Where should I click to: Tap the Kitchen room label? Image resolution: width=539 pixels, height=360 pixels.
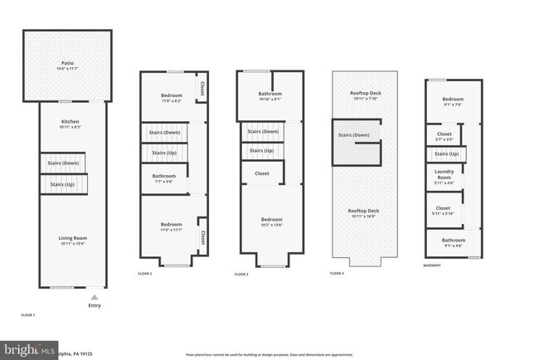pos(70,124)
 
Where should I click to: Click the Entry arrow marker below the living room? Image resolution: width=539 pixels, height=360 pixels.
pos(95,296)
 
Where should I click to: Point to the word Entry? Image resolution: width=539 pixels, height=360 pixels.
pos(95,305)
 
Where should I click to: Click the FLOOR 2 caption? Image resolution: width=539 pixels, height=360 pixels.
pos(145,274)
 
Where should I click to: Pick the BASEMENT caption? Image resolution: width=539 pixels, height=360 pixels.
pos(432,265)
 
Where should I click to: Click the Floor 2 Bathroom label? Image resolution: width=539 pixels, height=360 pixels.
pos(163,178)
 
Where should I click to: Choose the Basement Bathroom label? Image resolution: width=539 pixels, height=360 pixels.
pos(454,242)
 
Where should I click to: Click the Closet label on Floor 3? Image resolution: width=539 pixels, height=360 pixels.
pos(262,173)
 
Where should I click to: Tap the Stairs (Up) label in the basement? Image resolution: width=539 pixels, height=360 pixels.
pos(447,153)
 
